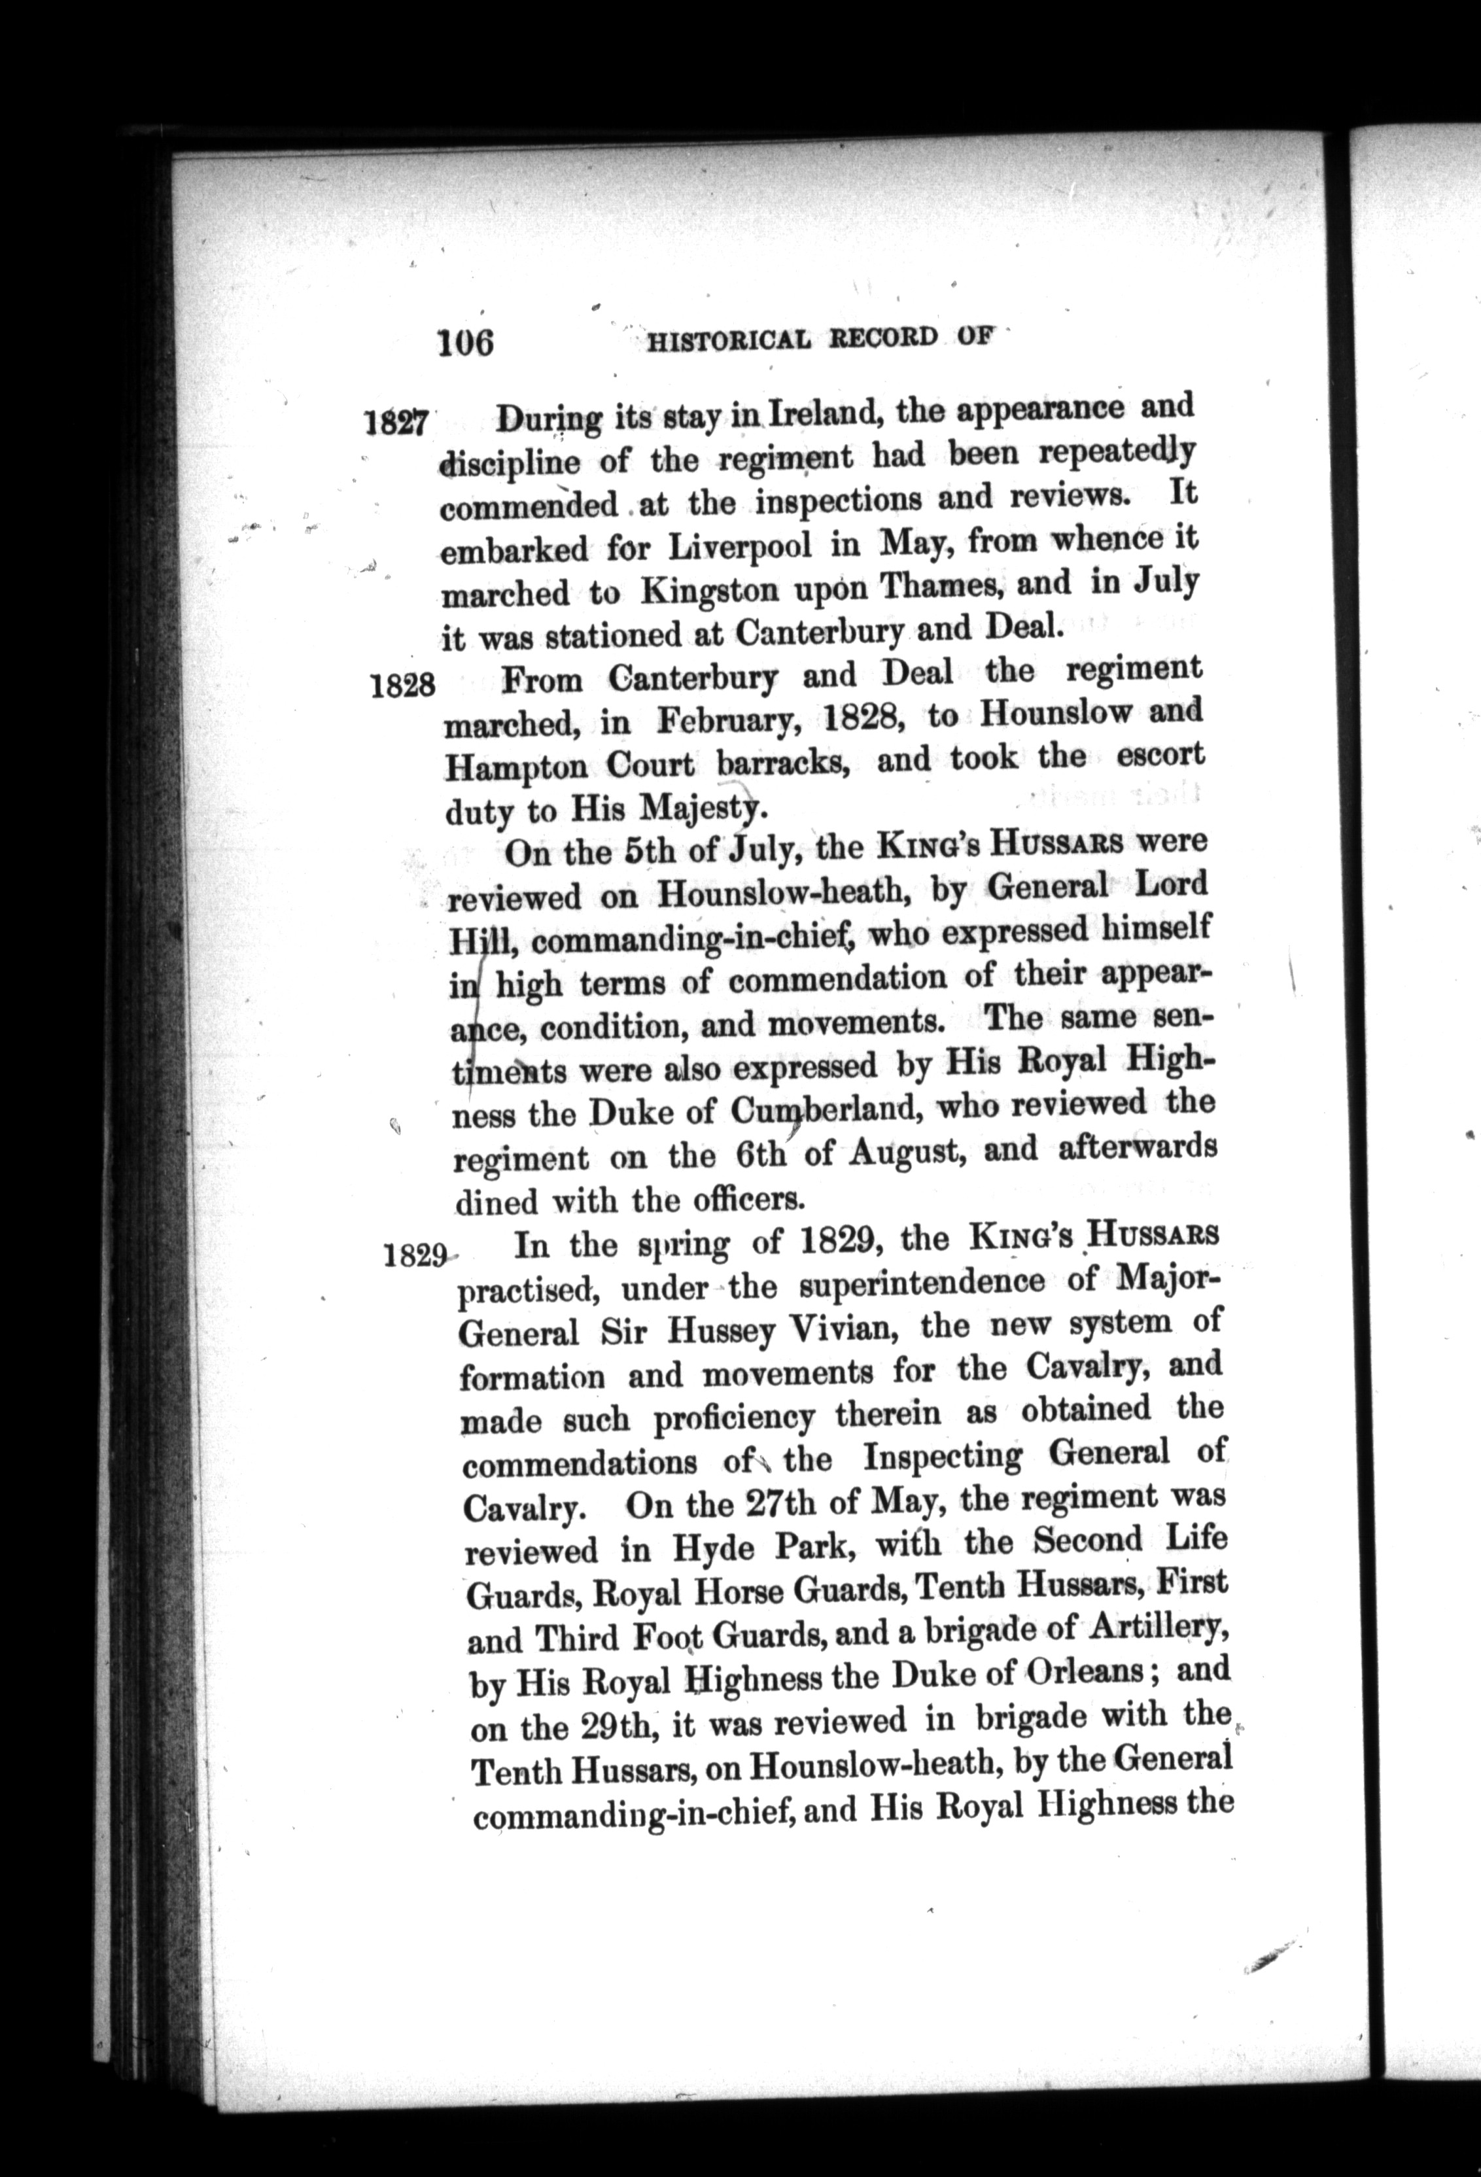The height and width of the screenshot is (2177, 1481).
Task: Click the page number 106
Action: (464, 343)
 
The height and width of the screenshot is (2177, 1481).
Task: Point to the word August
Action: (904, 1151)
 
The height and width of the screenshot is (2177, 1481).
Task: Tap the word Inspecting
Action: (943, 1457)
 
